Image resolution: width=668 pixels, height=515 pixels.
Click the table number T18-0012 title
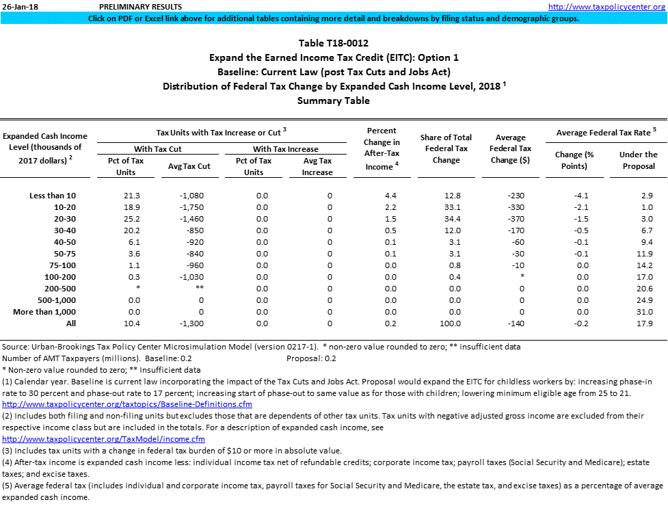333,43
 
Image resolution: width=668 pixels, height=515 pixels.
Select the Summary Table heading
333,101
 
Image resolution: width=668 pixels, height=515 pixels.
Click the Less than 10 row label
53,196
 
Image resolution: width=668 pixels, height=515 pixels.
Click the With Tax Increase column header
285,149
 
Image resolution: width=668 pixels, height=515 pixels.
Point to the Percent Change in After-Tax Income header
382,148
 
